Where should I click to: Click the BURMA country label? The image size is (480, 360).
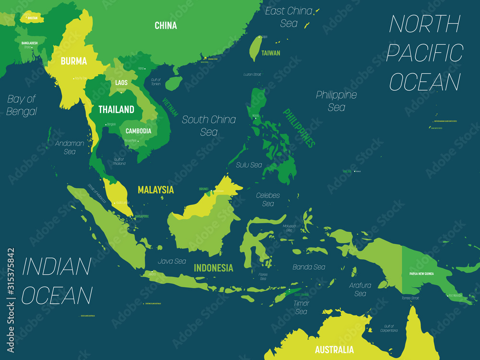[73, 61]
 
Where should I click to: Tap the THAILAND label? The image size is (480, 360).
[116, 109]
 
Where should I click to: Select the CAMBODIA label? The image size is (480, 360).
[138, 131]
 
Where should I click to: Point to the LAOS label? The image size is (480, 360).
[121, 83]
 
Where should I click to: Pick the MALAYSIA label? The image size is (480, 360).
[156, 190]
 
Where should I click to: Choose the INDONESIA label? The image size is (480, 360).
[214, 268]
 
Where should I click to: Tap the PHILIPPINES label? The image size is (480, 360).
[299, 128]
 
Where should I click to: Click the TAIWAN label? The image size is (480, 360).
[271, 53]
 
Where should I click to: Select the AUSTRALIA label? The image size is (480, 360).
[334, 349]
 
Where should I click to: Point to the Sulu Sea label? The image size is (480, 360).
[249, 165]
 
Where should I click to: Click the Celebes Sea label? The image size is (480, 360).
[268, 199]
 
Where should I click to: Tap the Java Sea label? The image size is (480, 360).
[172, 262]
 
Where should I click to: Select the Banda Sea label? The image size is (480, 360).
[309, 267]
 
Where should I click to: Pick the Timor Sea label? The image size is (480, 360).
[301, 307]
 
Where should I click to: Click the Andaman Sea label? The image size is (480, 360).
[70, 147]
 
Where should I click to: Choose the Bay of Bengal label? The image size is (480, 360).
[22, 105]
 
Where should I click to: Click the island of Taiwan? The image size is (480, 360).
[257, 48]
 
